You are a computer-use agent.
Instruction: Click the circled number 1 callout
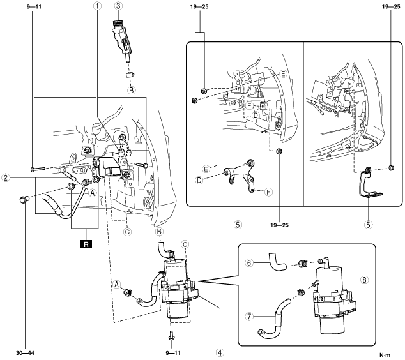tap(97, 6)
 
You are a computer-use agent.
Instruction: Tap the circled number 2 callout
tap(5, 177)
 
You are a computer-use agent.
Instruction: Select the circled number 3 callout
tap(118, 6)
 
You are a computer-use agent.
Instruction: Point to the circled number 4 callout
tap(220, 352)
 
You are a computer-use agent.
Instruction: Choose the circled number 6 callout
tap(249, 263)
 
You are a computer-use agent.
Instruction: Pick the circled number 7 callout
tap(249, 317)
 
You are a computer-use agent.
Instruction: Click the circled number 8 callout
tap(364, 280)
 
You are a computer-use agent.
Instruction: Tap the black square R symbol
tap(86, 244)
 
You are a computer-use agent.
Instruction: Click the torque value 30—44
tap(25, 353)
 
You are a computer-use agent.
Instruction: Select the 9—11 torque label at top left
tap(34, 7)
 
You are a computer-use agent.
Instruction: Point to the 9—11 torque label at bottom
tap(173, 353)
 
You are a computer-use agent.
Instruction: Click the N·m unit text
tap(385, 355)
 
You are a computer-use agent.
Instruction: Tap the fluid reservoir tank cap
tap(118, 23)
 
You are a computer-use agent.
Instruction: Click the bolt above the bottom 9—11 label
tap(171, 336)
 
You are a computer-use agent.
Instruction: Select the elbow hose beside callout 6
tap(277, 262)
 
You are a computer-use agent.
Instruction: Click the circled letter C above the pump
tap(185, 244)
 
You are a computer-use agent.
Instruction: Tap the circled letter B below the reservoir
tap(131, 91)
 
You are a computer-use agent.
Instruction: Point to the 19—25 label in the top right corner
tap(391, 7)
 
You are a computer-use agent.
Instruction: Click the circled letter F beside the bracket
tap(269, 192)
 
